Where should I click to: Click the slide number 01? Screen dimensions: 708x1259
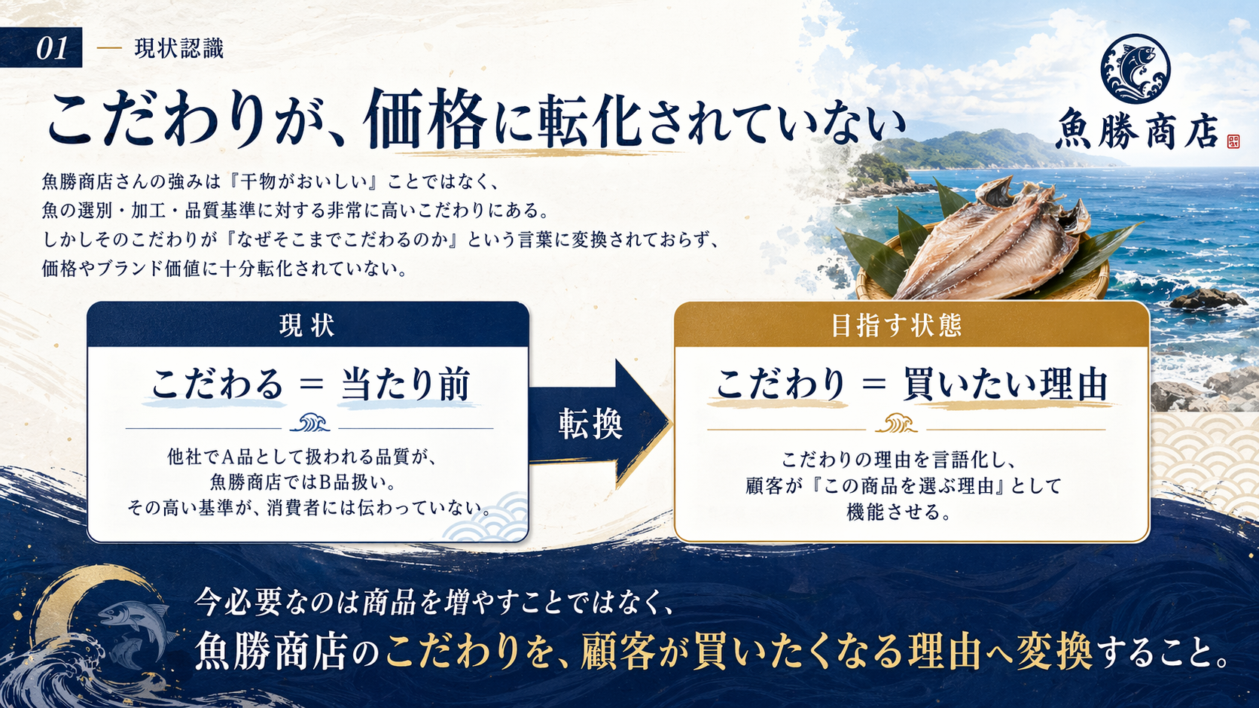[x=51, y=49]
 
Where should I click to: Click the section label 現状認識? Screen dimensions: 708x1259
[x=178, y=49]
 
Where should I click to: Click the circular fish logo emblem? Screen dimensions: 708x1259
[x=1135, y=68]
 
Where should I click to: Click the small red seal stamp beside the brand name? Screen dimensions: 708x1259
[x=1233, y=141]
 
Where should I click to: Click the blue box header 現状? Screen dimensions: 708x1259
[x=307, y=326]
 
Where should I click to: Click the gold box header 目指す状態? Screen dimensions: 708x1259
[x=896, y=326]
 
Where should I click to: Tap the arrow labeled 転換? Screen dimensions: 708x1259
[x=595, y=424]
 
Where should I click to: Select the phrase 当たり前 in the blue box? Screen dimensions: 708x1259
[x=406, y=384]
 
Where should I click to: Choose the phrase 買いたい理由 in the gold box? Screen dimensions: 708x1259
[x=1006, y=384]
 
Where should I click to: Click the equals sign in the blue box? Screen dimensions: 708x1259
[x=311, y=384]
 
